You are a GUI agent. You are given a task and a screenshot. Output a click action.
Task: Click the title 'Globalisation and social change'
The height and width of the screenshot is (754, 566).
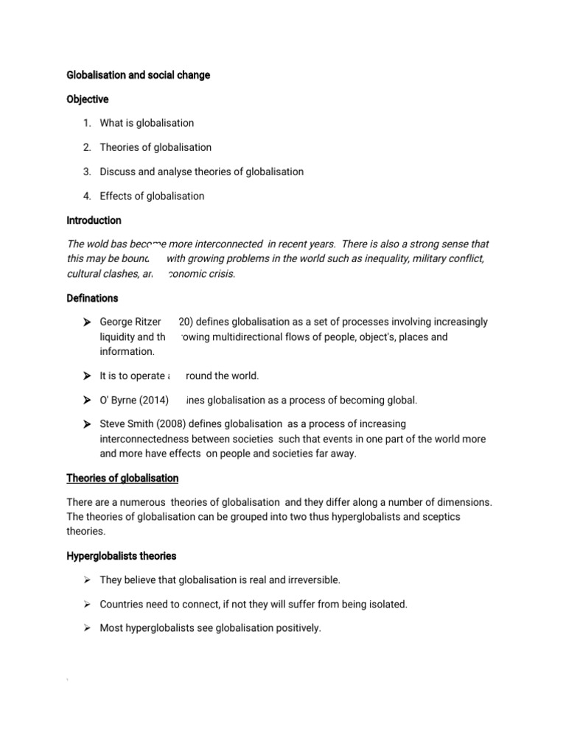point(138,75)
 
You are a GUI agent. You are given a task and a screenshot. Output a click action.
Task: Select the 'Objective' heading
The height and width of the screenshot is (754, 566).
point(88,99)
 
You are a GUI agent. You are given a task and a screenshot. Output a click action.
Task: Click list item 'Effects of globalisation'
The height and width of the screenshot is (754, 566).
point(152,196)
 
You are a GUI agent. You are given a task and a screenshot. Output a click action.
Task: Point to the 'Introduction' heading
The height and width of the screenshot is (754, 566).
point(94,220)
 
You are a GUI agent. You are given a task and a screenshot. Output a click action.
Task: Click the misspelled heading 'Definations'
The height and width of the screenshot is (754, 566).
point(92,298)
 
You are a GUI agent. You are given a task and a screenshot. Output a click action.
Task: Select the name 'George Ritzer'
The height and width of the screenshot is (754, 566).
point(130,323)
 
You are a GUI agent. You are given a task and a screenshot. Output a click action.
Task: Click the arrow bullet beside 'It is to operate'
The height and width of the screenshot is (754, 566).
point(86,376)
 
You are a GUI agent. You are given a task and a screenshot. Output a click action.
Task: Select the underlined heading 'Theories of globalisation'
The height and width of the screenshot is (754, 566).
point(122,479)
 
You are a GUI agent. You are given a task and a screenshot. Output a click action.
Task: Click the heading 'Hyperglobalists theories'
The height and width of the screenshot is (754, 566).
point(122,556)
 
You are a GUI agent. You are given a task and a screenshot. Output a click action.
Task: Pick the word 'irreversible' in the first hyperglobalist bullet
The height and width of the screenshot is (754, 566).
point(312,580)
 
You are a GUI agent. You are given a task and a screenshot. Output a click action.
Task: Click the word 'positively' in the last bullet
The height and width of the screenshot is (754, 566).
point(298,629)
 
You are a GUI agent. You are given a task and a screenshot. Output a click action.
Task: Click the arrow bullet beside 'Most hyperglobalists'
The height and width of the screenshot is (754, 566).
point(86,629)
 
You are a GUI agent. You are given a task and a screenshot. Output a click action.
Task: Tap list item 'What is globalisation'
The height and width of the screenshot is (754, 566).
point(147,123)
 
